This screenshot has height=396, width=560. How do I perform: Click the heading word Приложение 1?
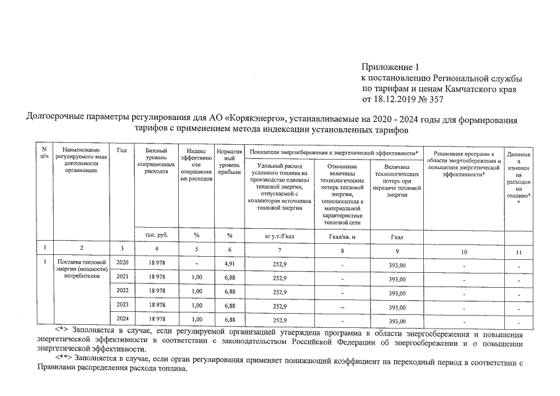click(x=390, y=67)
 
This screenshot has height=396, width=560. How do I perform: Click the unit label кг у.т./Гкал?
click(x=278, y=236)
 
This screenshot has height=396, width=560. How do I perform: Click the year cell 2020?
click(x=122, y=263)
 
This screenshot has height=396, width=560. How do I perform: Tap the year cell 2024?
click(x=122, y=319)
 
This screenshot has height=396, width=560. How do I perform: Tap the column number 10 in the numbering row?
click(x=464, y=251)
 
